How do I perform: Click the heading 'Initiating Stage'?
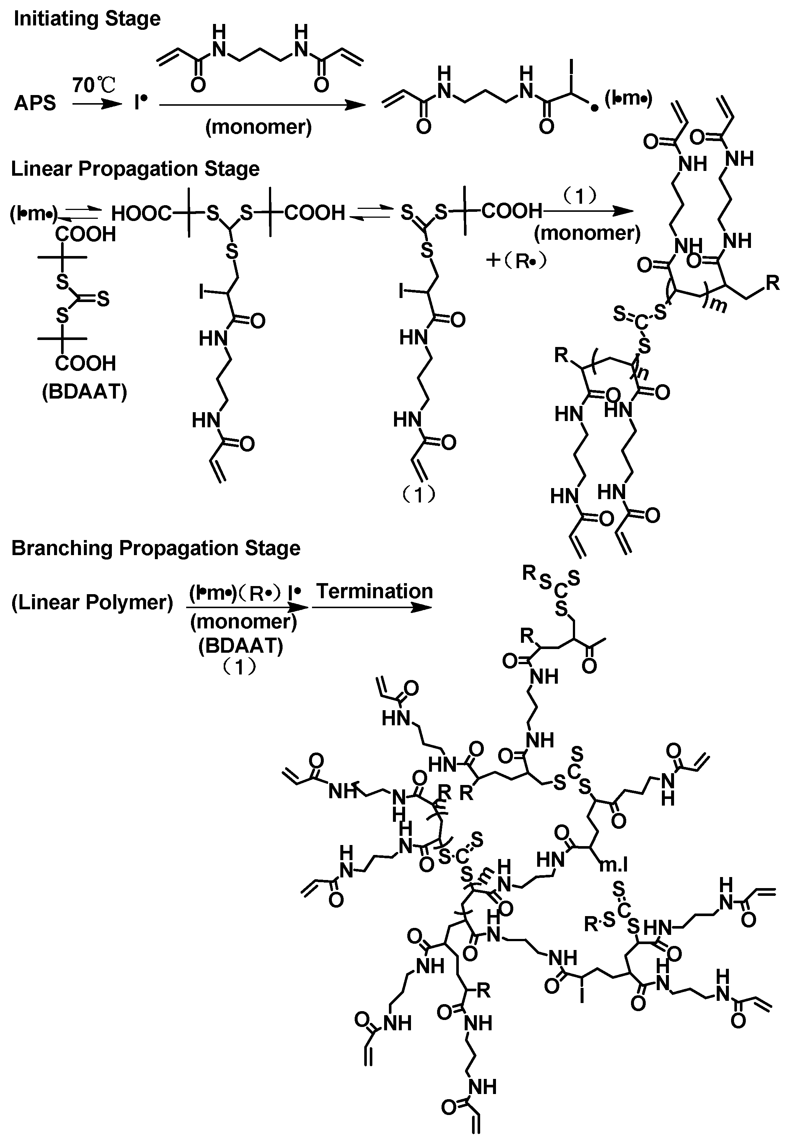87,19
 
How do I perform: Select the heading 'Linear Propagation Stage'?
135,169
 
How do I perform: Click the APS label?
35,103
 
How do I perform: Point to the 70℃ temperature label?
94,85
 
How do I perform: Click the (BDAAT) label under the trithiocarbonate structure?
84,392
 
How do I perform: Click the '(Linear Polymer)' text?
92,603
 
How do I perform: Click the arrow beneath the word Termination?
372,607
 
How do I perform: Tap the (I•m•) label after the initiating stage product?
628,99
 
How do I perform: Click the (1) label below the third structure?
419,494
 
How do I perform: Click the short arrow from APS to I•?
97,104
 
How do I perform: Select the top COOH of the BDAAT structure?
85,234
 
